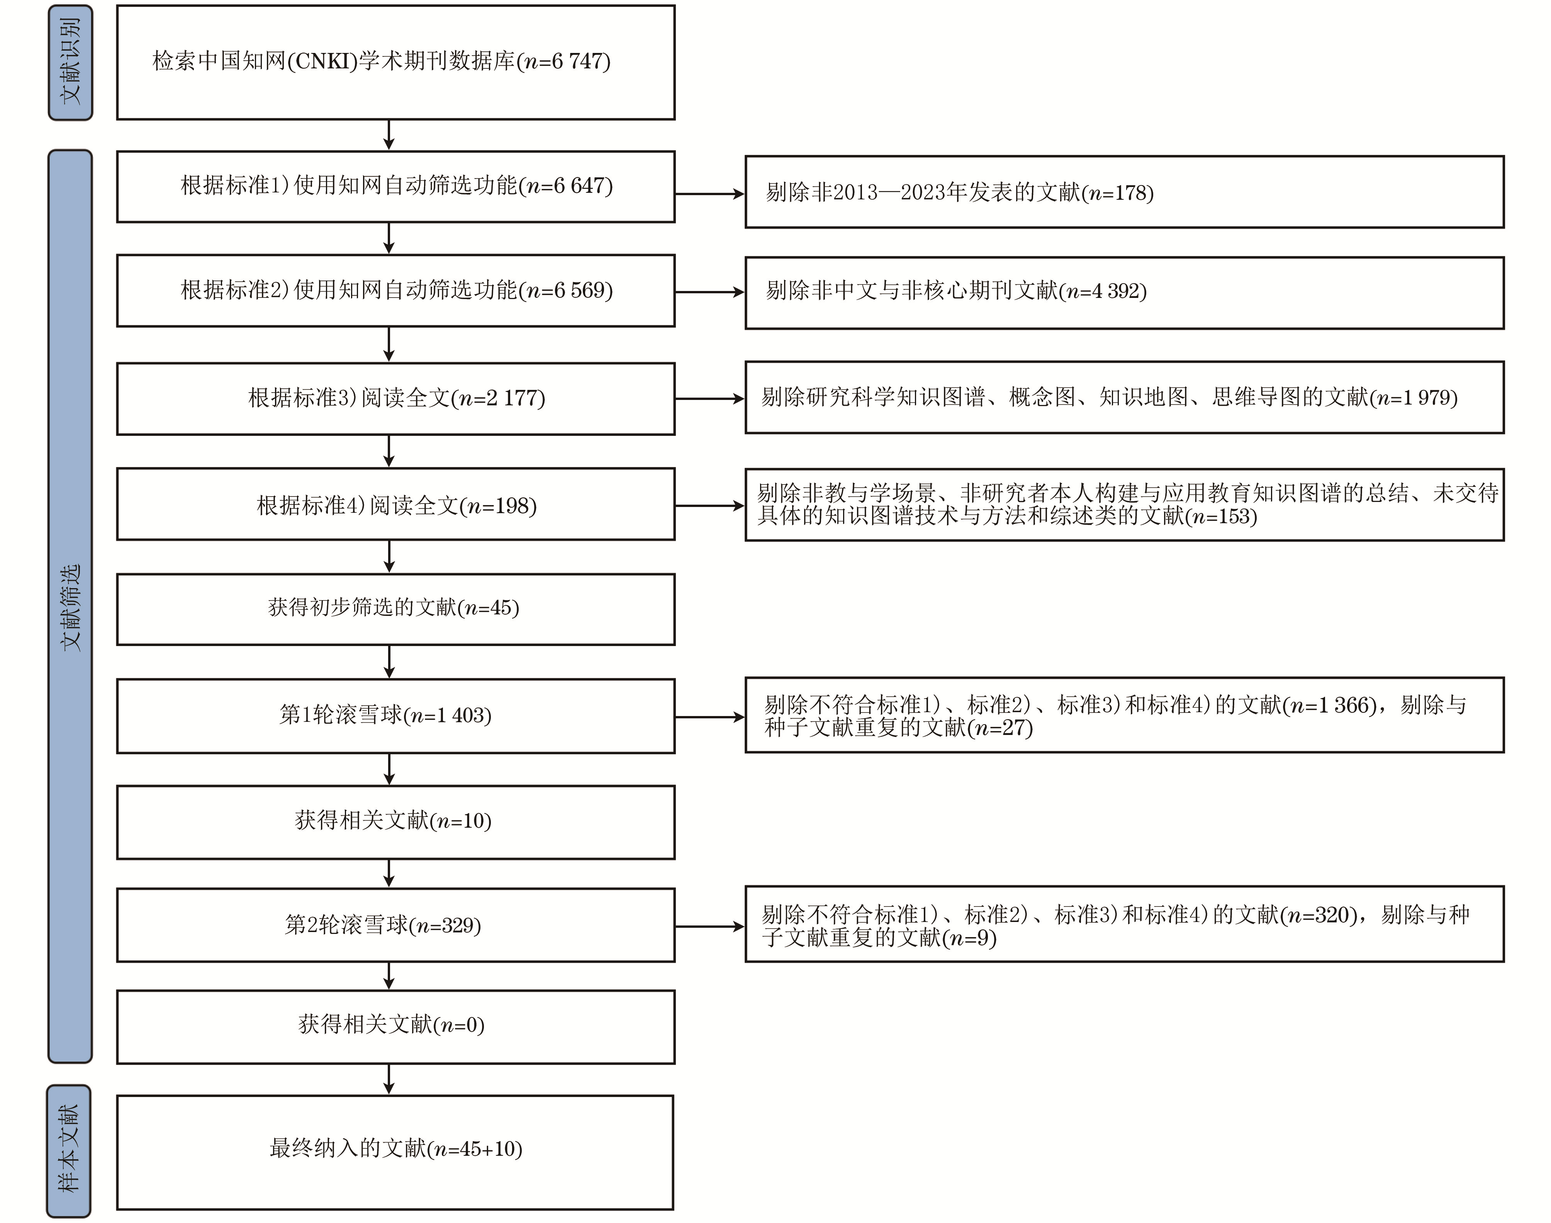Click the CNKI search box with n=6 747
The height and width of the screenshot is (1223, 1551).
click(x=396, y=62)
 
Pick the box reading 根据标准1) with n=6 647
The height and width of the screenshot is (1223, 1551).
click(x=396, y=186)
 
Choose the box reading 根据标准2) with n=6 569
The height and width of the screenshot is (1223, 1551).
click(x=396, y=291)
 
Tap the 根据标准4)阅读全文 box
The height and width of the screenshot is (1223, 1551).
click(x=396, y=504)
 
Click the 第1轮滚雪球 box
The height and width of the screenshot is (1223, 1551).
click(x=396, y=716)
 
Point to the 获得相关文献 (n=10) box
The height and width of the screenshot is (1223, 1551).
click(x=396, y=822)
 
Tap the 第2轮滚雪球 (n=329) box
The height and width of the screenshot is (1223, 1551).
click(x=396, y=925)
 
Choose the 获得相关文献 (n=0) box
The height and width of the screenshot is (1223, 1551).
click(x=396, y=1027)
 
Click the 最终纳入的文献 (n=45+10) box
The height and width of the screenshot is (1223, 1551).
click(x=395, y=1152)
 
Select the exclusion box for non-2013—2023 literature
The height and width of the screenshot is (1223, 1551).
click(x=1124, y=192)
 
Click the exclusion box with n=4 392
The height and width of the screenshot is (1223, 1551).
click(x=1124, y=293)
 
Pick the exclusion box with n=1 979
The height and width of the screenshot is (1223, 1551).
click(x=1124, y=397)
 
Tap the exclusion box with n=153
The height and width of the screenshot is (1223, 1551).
click(x=1124, y=505)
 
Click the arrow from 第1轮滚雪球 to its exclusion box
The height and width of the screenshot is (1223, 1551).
click(x=710, y=717)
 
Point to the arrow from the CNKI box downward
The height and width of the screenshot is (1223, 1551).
click(x=389, y=134)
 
